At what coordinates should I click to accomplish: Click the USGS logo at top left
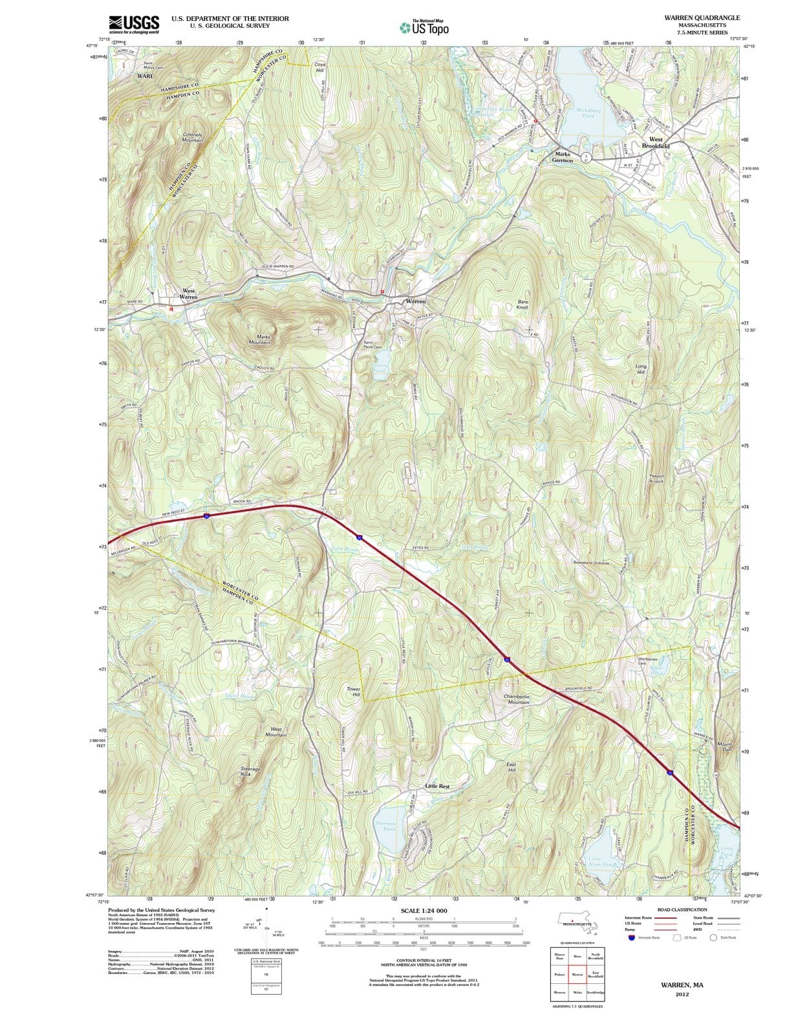134,24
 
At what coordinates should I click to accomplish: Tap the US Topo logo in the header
424,28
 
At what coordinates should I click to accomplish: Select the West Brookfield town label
655,143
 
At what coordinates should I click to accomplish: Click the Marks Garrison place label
562,157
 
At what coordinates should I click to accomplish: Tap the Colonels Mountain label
192,138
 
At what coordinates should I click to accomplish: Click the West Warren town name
188,294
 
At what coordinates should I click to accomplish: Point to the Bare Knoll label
523,305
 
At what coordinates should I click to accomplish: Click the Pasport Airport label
656,479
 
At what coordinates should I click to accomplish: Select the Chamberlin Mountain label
518,699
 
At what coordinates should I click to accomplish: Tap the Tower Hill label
353,692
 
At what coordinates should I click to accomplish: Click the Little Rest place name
437,786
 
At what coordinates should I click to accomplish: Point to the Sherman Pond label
385,826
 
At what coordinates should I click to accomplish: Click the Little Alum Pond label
603,861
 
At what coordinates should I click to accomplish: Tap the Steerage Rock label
250,771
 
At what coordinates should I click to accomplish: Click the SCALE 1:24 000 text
424,910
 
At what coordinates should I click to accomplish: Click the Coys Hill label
320,67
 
